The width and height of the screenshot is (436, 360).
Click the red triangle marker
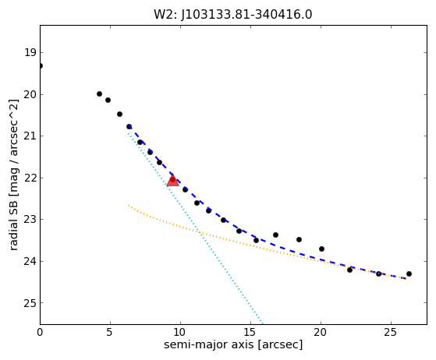172,180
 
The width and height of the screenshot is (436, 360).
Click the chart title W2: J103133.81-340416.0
232,15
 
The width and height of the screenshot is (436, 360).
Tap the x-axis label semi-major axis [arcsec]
233,344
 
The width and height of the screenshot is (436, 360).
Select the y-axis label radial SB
13,226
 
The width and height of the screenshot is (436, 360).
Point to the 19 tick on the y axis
30,52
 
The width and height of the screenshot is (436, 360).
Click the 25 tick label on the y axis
30,303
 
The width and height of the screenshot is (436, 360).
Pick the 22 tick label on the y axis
30,178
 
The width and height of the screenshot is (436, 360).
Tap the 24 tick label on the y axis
30,261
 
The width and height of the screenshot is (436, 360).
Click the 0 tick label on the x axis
40,332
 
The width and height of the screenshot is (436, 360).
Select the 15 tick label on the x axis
250,332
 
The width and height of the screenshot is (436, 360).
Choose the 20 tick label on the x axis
321,332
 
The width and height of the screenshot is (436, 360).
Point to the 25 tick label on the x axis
391,332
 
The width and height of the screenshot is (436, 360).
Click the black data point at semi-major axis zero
41,65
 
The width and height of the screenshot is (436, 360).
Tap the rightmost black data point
409,274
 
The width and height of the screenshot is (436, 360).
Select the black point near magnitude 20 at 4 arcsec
99,94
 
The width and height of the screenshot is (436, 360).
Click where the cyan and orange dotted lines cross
200,232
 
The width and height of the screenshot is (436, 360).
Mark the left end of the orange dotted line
129,205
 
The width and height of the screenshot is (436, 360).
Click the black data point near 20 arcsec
321,249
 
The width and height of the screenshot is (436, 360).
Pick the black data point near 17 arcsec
275,235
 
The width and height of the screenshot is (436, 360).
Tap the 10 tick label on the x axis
180,332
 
